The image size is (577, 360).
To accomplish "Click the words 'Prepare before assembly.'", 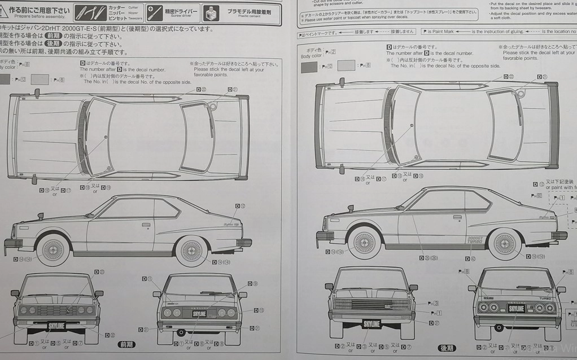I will click(x=38, y=16).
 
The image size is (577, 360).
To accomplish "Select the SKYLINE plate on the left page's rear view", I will click(x=198, y=313).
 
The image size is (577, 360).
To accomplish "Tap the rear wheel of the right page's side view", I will click(x=504, y=243).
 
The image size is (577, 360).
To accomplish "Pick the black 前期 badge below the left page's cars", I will click(x=126, y=344).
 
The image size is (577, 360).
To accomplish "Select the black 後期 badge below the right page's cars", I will click(x=446, y=348).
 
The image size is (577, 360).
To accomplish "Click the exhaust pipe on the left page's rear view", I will click(x=182, y=331).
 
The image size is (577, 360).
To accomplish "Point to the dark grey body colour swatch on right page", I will click(x=309, y=67).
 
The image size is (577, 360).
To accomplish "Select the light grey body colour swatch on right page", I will click(x=346, y=66).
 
